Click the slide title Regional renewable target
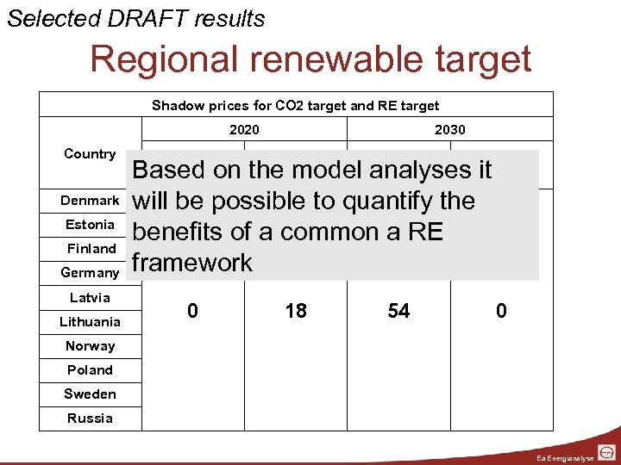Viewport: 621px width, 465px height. [310, 59]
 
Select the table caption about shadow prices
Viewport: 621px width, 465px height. [295, 106]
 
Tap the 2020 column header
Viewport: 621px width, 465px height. [244, 130]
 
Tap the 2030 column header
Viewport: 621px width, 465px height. [449, 130]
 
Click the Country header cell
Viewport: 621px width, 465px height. [90, 154]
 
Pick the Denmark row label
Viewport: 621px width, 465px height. [90, 201]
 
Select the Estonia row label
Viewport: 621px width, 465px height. [90, 225]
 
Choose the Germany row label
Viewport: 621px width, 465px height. [90, 273]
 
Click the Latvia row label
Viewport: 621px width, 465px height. [90, 298]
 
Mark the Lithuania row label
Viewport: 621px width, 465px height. [90, 322]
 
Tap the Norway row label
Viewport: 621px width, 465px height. [90, 346]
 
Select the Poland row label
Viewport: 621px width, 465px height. [90, 370]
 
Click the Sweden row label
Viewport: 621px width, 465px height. [90, 394]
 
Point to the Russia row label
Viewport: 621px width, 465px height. [90, 418]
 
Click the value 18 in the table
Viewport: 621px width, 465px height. [296, 311]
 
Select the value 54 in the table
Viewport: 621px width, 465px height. [398, 311]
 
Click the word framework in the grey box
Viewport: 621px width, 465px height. [192, 263]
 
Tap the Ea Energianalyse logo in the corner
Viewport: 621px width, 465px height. [606, 451]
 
